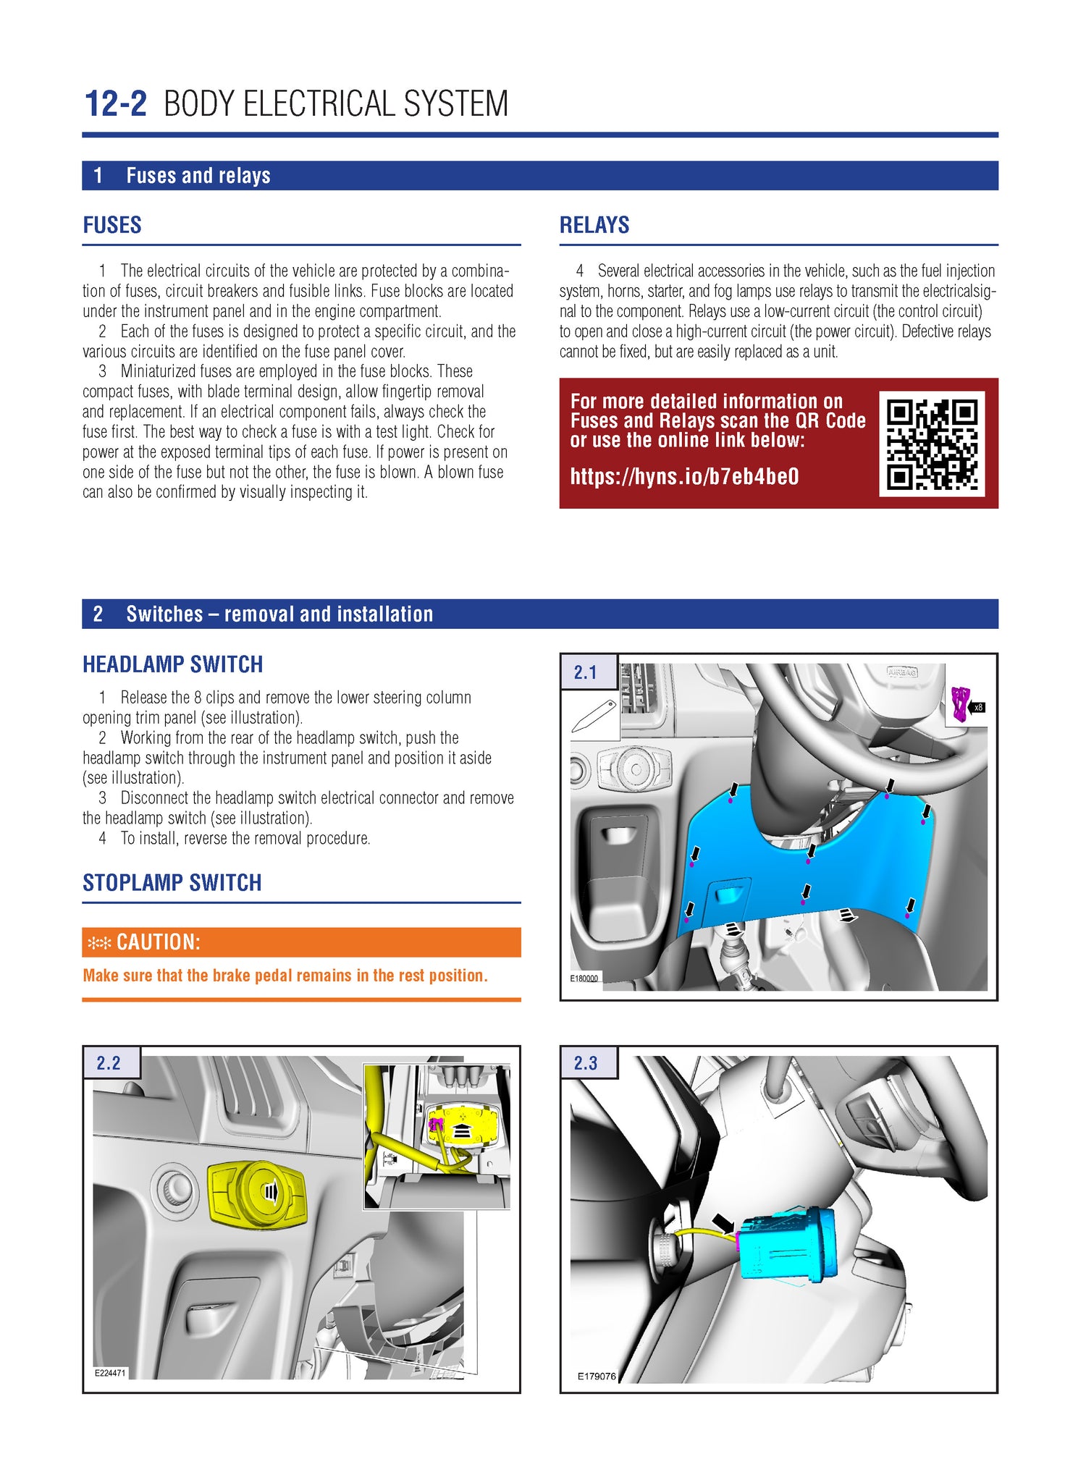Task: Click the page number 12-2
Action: [115, 104]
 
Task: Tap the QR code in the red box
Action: [931, 444]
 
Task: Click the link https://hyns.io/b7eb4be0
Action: [684, 476]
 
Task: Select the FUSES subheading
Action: [112, 225]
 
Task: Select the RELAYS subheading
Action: [594, 225]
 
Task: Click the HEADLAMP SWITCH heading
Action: [172, 664]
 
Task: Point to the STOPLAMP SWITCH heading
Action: [172, 883]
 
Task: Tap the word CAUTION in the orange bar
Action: [158, 942]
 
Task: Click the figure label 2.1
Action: [585, 672]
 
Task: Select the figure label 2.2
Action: [109, 1063]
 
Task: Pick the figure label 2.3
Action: [585, 1063]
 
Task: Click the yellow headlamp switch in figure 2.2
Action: [257, 1194]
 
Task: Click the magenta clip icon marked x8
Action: [960, 704]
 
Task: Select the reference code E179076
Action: [597, 1377]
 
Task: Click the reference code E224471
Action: [110, 1373]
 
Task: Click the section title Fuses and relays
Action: [198, 176]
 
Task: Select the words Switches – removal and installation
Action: [279, 614]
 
